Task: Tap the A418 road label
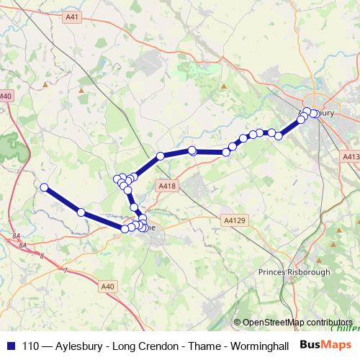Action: (x=166, y=186)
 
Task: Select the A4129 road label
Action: (x=235, y=220)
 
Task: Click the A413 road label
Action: (x=351, y=156)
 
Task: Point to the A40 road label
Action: (x=108, y=287)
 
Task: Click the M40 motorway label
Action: (x=6, y=96)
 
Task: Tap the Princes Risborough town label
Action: (x=294, y=272)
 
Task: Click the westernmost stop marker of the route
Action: (x=44, y=187)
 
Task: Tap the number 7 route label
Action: (x=66, y=271)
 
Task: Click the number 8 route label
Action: (x=42, y=256)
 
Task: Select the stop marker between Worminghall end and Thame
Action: (x=81, y=212)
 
